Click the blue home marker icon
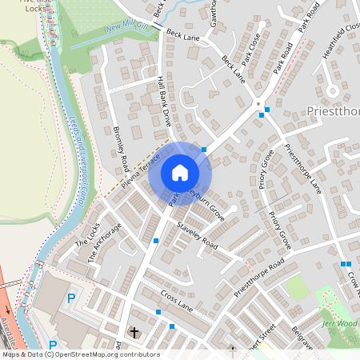pos(180,173)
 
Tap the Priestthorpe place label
pos(332,111)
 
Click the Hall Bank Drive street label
pos(164,102)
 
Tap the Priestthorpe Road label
pos(259,279)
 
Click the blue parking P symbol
pos(71,298)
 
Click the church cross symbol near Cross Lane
pos(134,331)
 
